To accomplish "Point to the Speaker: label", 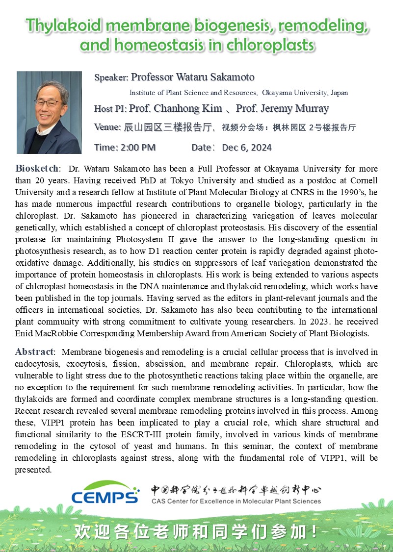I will pyautogui.click(x=111, y=77).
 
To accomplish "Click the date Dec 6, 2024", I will pyautogui.click(x=246, y=148).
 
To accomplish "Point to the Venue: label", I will pyautogui.click(x=107, y=128).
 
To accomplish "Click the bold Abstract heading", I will pyautogui.click(x=34, y=352).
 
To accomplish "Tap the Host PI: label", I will pyautogui.click(x=110, y=109).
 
